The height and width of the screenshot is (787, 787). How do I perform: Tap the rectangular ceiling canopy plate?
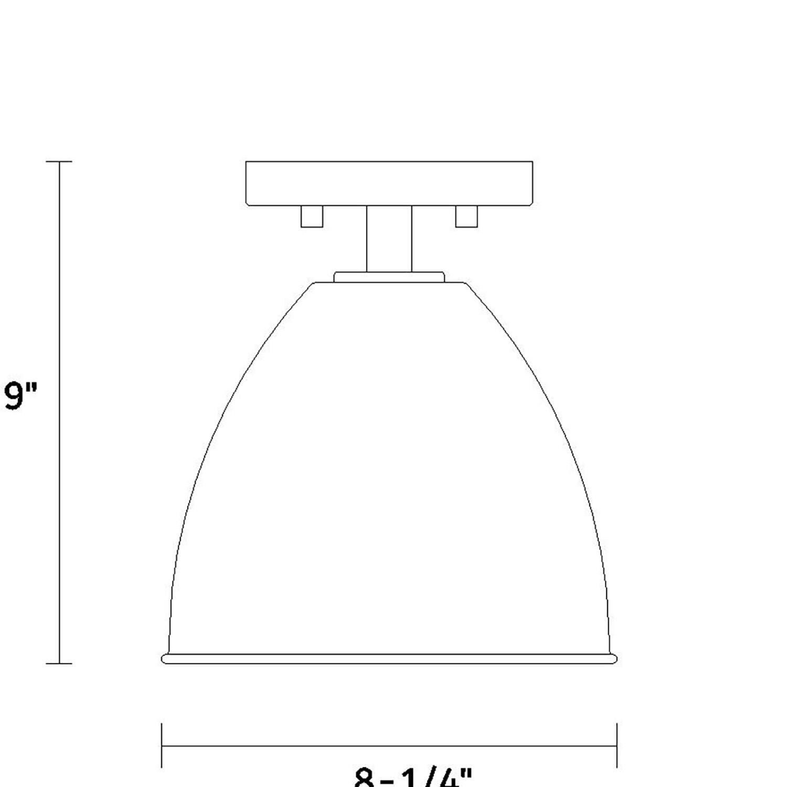pos(389,183)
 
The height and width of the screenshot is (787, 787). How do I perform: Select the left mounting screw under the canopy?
pos(312,216)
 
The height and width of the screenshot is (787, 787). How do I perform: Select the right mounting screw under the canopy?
pos(466,216)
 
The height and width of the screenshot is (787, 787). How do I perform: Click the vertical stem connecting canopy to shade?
pos(389,239)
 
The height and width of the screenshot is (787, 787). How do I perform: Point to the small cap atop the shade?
pos(389,277)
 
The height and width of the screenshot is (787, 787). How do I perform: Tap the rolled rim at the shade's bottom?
pos(389,659)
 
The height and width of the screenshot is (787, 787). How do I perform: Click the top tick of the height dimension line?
pos(59,162)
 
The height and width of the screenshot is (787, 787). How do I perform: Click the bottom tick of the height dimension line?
pos(59,664)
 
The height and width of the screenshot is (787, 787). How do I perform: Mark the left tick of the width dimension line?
pos(162,746)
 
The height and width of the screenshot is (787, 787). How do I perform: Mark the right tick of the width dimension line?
pos(617,746)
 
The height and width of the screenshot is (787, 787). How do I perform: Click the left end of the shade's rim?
pos(164,659)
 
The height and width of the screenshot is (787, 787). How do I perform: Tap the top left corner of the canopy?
pos(247,162)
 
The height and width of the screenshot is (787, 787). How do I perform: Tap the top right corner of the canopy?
pos(533,162)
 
